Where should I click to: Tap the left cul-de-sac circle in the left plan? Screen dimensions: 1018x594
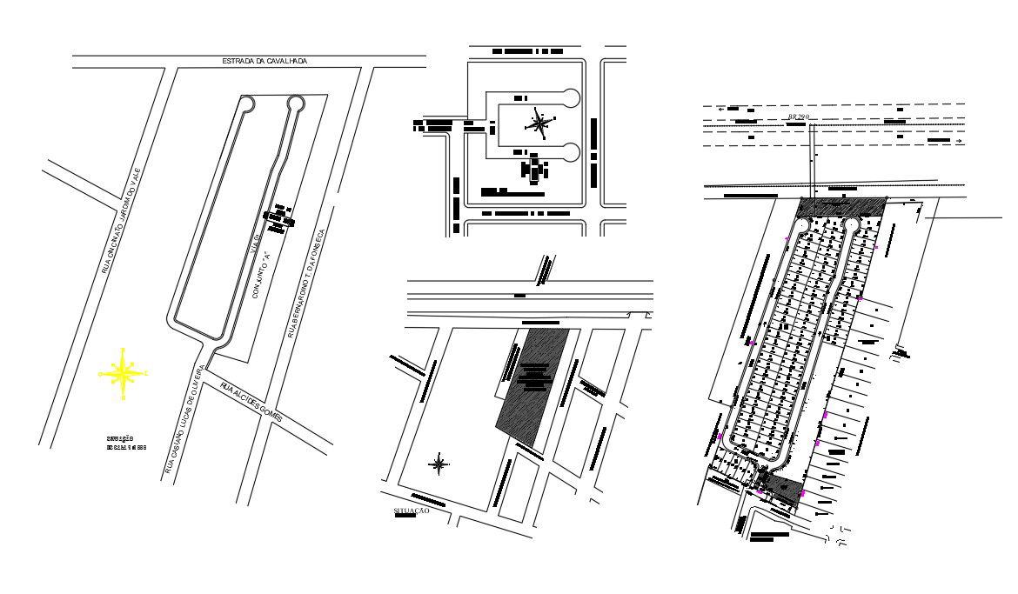click(x=247, y=103)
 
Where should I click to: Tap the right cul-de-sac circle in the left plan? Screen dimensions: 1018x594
click(x=296, y=103)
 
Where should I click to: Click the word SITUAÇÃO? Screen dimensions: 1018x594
click(x=412, y=511)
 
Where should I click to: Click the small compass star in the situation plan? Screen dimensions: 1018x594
click(x=439, y=464)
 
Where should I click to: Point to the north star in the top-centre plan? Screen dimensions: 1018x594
click(x=539, y=123)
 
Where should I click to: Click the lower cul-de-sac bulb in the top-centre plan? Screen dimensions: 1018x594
click(x=572, y=153)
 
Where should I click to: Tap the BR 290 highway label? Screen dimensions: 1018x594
click(x=798, y=117)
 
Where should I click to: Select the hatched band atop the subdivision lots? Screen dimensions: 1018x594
click(x=841, y=208)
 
